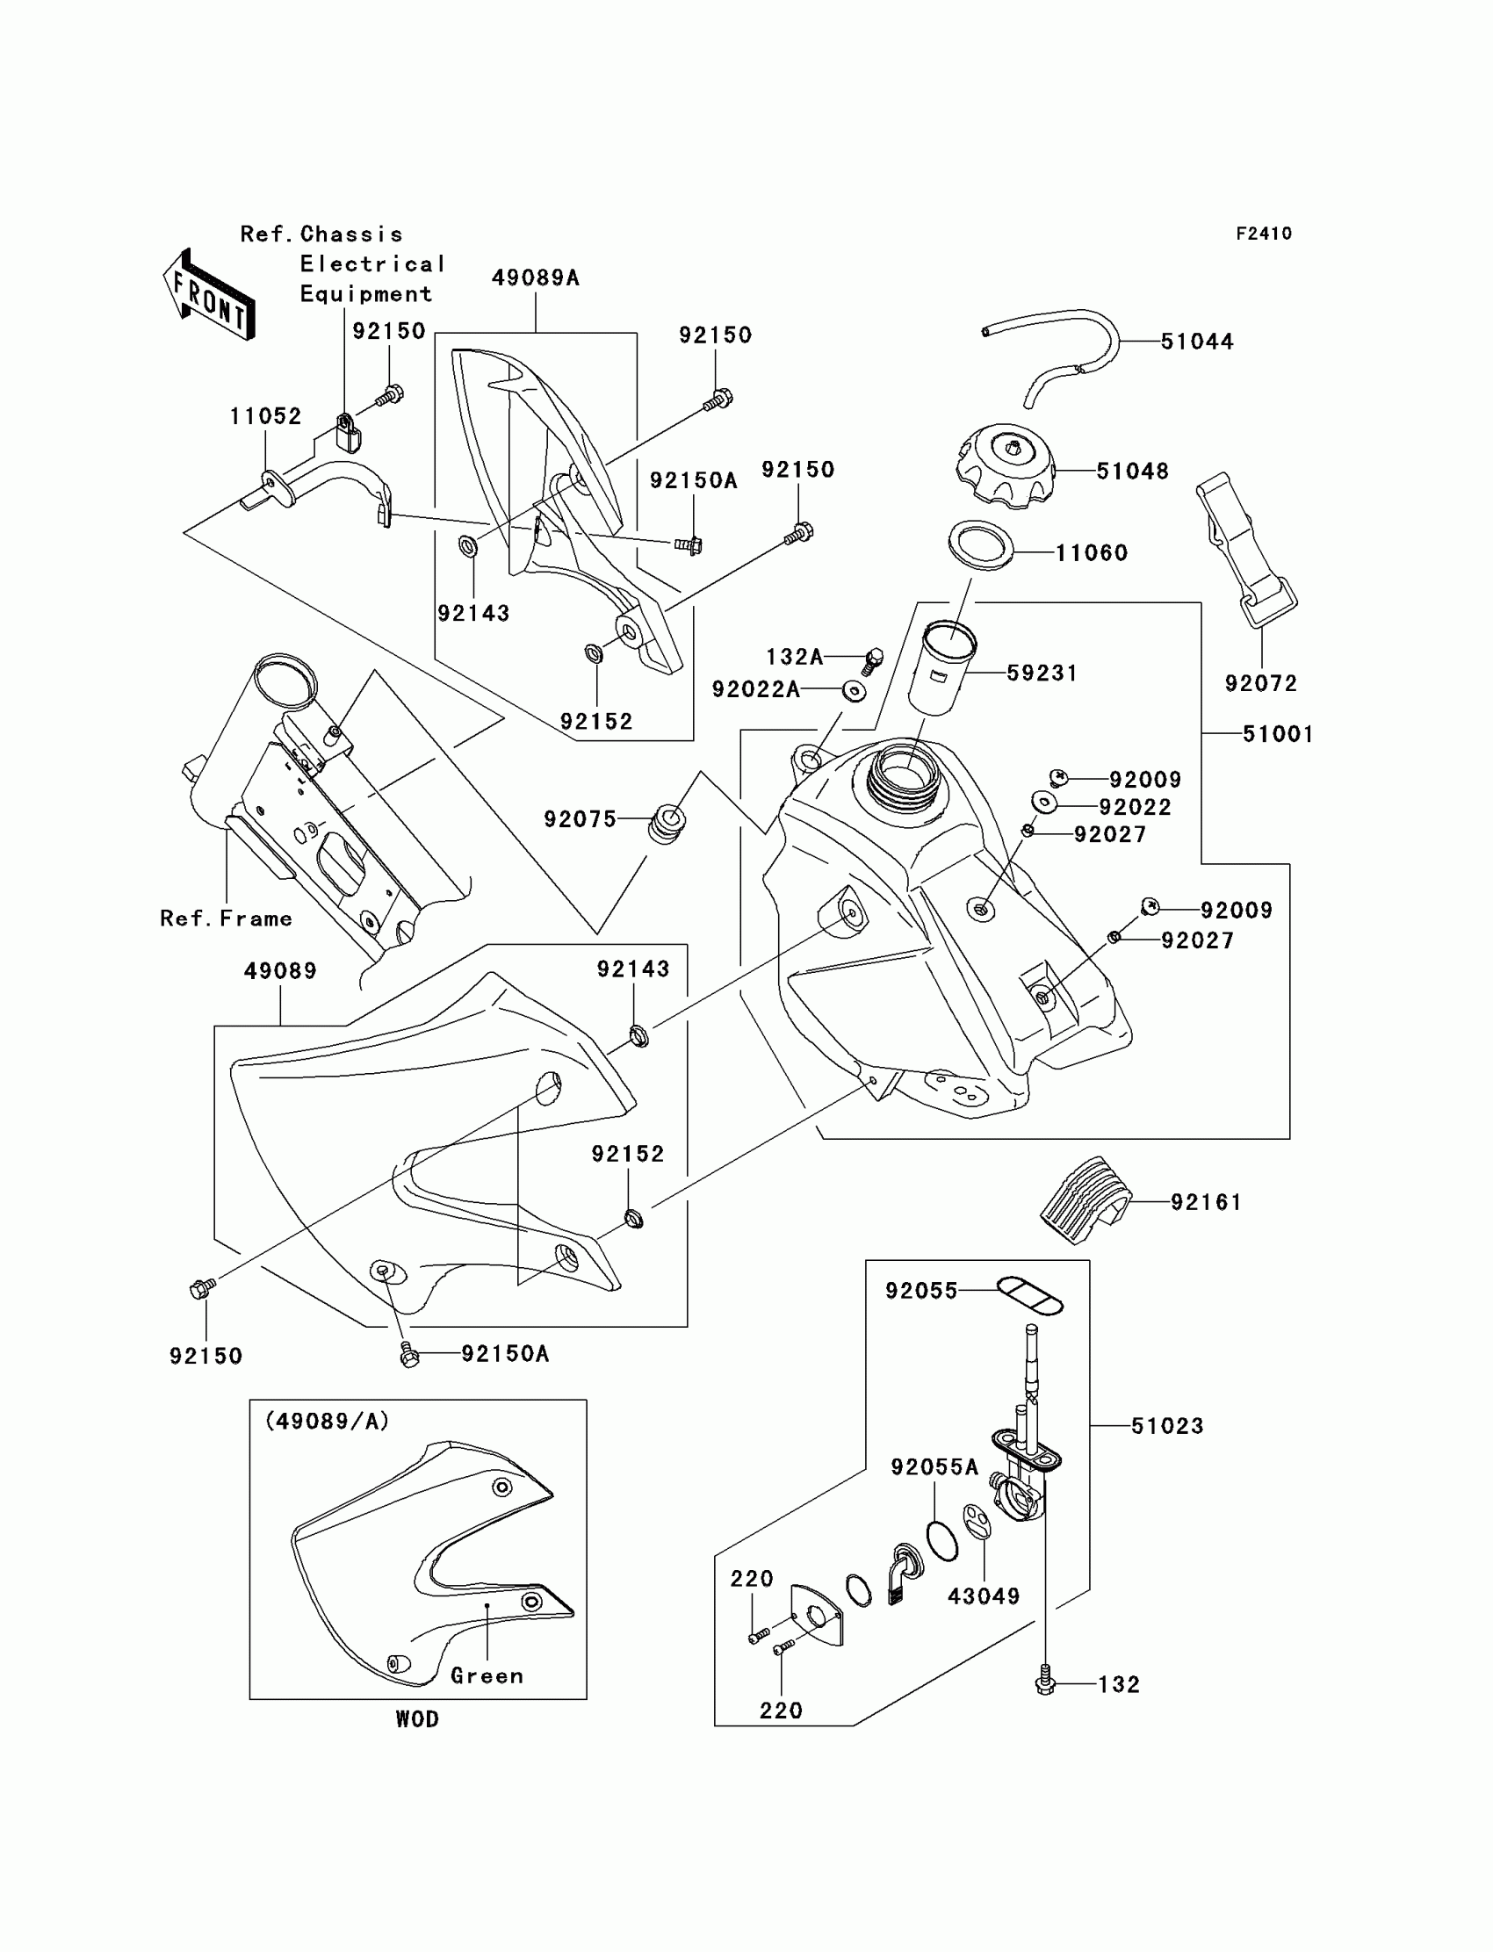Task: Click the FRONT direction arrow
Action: point(210,294)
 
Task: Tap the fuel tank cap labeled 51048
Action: point(1006,465)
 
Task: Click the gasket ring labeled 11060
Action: point(981,545)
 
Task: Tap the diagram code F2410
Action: point(1264,234)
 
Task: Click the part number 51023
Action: point(1166,1426)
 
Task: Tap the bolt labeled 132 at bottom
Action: point(1045,1682)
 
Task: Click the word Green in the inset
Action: point(487,1675)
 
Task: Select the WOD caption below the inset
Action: point(417,1719)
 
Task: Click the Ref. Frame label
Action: point(226,918)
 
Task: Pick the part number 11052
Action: point(265,416)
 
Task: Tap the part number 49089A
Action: point(535,278)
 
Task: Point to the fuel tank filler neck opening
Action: point(904,771)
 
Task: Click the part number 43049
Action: point(983,1596)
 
